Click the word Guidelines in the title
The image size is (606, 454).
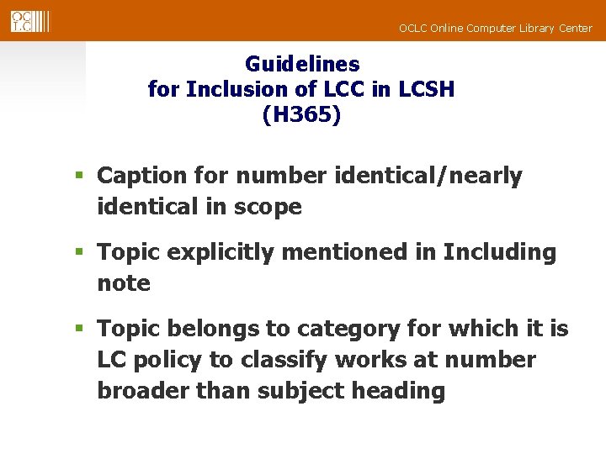(x=302, y=64)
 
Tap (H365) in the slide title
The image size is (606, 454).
(x=302, y=115)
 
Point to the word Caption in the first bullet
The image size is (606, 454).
(x=140, y=177)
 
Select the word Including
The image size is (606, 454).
(x=500, y=252)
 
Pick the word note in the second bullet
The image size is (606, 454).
(x=124, y=283)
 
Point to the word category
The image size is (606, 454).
(x=359, y=329)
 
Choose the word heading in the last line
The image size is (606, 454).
(x=400, y=391)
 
